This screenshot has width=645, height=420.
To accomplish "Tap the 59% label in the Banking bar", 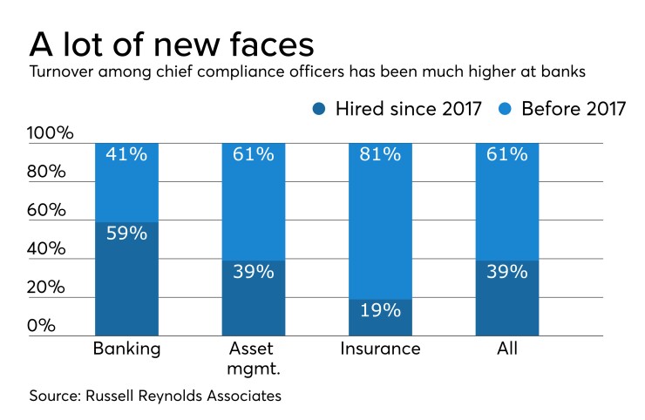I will (x=126, y=234).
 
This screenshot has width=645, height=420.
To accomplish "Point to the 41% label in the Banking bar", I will (x=126, y=154).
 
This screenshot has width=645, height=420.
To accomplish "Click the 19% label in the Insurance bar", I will (x=380, y=311).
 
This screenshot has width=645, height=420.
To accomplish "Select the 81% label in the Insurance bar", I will (x=380, y=154).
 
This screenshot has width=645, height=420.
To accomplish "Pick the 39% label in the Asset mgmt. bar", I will (x=253, y=271).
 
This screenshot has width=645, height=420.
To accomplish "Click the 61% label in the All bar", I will (x=506, y=154).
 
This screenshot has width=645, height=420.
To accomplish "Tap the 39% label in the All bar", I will (x=506, y=271).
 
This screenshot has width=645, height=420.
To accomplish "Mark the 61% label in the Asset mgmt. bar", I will (x=253, y=154).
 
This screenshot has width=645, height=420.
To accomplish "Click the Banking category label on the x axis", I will (x=126, y=349).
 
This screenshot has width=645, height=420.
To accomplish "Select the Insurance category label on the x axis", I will (x=380, y=349).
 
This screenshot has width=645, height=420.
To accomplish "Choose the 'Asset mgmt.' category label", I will (x=253, y=358).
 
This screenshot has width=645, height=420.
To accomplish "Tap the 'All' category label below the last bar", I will (x=506, y=349).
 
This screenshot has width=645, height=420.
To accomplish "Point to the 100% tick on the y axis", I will (x=51, y=133).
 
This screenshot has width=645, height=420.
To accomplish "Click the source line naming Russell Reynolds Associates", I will (x=155, y=396).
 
